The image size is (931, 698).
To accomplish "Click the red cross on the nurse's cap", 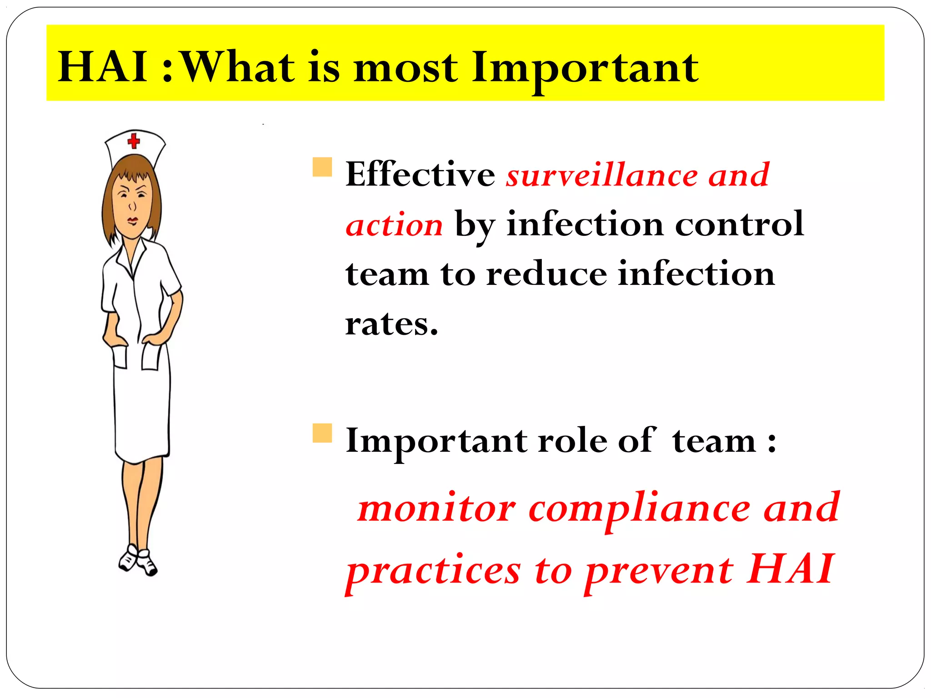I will point(134,140).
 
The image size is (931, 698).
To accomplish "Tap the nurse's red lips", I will point(132,221).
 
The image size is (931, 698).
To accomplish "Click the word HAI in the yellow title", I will point(104,67).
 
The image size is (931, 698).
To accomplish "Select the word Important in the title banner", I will point(585,68).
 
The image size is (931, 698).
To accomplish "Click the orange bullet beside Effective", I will point(322,167).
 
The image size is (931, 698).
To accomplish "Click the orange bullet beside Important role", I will point(322,433).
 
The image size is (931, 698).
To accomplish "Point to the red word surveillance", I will point(602,175).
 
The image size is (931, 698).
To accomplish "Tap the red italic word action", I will point(394,225).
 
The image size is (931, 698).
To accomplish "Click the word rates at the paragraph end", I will point(391,324).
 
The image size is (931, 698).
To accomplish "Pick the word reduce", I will point(546,274).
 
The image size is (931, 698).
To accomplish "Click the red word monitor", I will point(436,508).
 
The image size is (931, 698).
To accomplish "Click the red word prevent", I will point(659,571).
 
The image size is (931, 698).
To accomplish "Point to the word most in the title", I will point(405,68).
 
